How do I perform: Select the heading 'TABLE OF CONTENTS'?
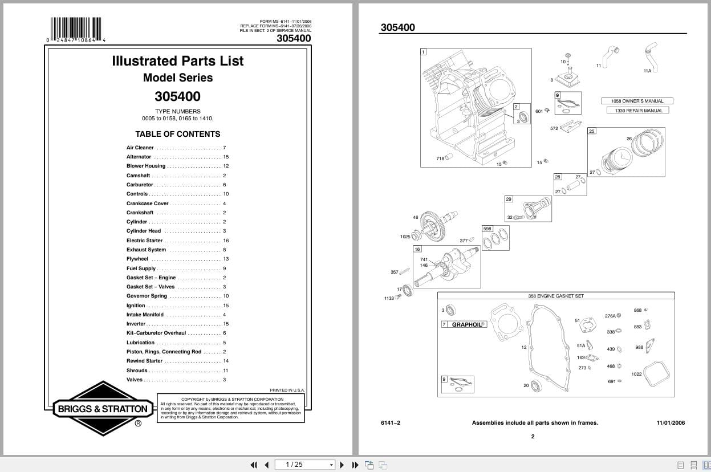[x=177, y=135]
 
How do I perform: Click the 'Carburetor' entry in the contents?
[x=140, y=185]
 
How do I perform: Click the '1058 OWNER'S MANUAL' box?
[x=637, y=101]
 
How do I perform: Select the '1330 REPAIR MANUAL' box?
[x=639, y=111]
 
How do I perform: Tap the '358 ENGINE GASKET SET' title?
[x=556, y=296]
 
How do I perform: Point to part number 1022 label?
[x=636, y=374]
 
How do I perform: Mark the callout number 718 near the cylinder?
[x=440, y=158]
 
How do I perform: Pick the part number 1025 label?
[x=405, y=237]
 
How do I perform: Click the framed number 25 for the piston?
[x=591, y=131]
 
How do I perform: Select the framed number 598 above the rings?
[x=487, y=229]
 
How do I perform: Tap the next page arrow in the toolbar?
[x=342, y=465]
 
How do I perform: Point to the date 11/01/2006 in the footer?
[x=671, y=423]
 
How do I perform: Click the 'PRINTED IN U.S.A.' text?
[x=287, y=390]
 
